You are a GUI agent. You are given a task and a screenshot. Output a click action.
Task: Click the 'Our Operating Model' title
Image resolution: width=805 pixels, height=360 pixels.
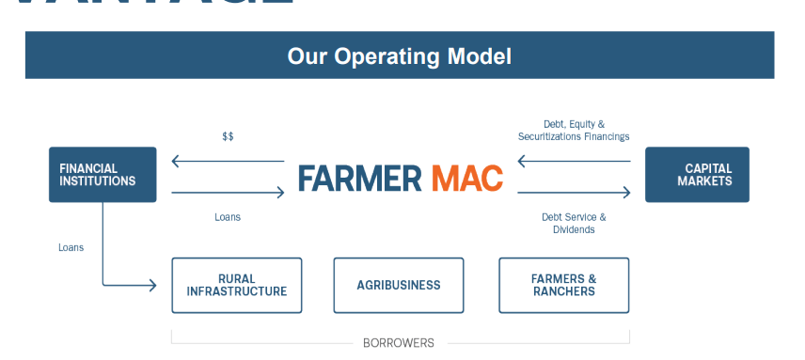click(x=399, y=56)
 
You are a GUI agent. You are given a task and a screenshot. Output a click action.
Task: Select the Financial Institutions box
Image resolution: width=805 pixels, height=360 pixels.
click(x=103, y=175)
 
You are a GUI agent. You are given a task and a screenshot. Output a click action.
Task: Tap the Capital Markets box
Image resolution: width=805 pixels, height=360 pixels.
click(x=697, y=175)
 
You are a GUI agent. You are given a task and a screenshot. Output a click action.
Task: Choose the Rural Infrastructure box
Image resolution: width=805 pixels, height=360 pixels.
click(x=236, y=285)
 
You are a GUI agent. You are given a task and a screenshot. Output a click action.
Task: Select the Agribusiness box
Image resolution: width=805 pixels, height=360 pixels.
click(x=399, y=285)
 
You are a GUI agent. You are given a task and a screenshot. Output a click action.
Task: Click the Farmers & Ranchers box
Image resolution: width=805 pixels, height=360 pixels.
click(x=563, y=285)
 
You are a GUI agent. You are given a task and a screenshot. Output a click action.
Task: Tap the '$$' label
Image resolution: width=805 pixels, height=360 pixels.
click(x=228, y=136)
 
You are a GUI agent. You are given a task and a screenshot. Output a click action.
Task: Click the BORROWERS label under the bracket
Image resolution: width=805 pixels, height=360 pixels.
click(x=399, y=343)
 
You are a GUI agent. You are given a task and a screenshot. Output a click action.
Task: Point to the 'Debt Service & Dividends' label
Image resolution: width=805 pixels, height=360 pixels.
click(x=574, y=223)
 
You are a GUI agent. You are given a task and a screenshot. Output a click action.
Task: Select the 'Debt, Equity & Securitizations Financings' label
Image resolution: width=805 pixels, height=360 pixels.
click(x=574, y=130)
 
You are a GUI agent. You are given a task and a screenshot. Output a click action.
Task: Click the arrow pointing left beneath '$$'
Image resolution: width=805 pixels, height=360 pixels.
click(x=228, y=162)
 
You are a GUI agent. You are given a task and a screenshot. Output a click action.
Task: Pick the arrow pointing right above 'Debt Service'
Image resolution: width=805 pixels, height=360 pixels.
click(x=574, y=192)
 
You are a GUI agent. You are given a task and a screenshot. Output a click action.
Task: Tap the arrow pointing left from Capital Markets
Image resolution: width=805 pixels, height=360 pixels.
click(x=574, y=162)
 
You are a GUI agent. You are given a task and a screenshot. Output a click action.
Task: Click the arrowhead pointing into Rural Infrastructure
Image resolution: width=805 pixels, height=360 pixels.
click(x=152, y=285)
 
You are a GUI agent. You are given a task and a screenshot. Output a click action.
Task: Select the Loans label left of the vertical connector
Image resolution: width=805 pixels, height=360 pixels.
click(x=71, y=247)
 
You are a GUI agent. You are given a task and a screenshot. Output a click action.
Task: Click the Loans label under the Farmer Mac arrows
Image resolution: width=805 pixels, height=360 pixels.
click(x=228, y=217)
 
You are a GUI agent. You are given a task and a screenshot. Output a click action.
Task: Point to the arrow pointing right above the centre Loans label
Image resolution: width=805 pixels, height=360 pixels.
click(x=228, y=192)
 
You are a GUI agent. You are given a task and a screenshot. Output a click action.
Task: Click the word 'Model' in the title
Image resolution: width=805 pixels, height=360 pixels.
click(x=480, y=56)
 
